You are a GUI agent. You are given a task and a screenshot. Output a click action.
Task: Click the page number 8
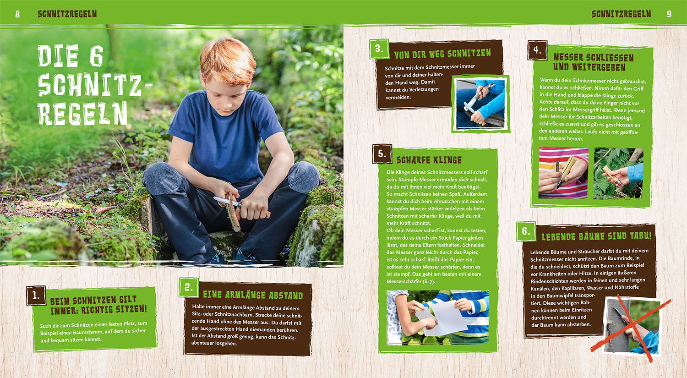point(17,14)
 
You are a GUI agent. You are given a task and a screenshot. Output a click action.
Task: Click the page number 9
point(669,14)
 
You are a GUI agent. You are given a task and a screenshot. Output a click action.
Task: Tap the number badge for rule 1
point(36,296)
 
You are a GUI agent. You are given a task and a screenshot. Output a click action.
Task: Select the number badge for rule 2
point(189,287)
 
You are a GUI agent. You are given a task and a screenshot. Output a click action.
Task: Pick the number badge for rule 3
point(379,49)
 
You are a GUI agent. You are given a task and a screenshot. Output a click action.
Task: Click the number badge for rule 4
point(537,50)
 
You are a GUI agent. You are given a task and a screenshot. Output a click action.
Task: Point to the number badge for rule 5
point(382,153)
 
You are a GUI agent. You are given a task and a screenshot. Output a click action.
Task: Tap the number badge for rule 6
point(526,231)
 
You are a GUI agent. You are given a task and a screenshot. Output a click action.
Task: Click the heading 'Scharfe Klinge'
point(429,160)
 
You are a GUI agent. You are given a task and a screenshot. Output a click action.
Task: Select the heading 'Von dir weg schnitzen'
point(442,54)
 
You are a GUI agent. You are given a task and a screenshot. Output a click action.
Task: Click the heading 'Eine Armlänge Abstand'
point(253,295)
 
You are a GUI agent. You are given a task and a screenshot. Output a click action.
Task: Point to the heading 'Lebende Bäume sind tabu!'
point(596,236)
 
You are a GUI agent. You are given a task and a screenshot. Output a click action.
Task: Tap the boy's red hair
point(228,60)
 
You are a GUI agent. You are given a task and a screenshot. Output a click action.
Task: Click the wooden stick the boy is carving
point(233,212)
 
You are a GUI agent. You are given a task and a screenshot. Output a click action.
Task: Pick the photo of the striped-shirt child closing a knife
point(563,173)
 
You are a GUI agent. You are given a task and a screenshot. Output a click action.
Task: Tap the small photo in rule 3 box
point(480,104)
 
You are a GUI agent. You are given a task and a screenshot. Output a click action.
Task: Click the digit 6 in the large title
point(96,55)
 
